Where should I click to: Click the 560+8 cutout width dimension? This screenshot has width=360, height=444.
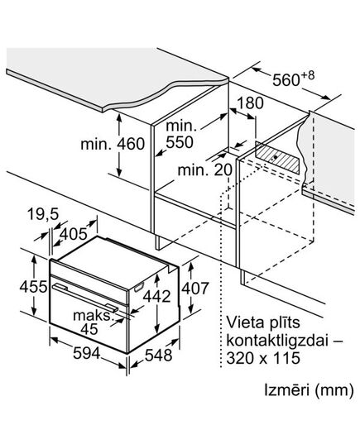[x=293, y=79]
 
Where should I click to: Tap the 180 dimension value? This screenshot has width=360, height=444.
[x=250, y=103]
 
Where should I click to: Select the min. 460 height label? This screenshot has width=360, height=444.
[x=113, y=144]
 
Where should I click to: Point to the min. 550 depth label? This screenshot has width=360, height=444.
[x=181, y=134]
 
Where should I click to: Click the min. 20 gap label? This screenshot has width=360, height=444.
[x=204, y=170]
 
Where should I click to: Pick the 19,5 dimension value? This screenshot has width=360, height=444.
[x=43, y=214]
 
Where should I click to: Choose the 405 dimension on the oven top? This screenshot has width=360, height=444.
[x=74, y=234]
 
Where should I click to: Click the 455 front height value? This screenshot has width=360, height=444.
[x=33, y=287]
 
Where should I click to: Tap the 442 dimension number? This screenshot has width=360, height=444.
[x=156, y=297]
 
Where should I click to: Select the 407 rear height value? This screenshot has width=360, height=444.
[x=195, y=289]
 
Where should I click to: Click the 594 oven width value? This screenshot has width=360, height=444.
[x=87, y=353]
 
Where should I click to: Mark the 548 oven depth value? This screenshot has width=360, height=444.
[x=158, y=355]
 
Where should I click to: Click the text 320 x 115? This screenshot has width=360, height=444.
[x=263, y=358]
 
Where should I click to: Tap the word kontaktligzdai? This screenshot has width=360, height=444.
[x=277, y=340]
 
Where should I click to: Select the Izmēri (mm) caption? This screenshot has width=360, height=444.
[x=309, y=390]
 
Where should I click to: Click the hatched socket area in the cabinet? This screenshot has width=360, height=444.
[x=277, y=158]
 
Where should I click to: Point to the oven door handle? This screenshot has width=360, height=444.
[x=85, y=298]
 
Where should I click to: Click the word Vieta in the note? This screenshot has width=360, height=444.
[x=242, y=322]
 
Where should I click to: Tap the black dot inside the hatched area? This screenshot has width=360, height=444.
[x=276, y=156]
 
